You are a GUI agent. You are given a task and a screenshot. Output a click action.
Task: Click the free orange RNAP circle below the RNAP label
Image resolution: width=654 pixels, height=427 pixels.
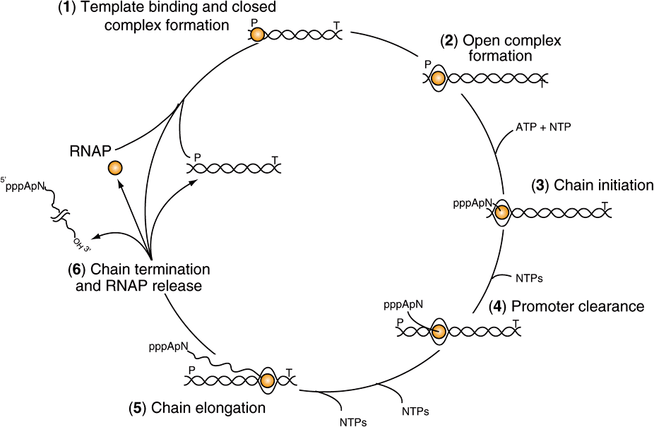[x=115, y=168]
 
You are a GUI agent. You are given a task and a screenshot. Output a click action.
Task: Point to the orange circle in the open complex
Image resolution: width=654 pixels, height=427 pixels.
[x=438, y=79]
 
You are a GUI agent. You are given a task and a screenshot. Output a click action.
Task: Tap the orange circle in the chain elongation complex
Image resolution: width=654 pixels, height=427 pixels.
[x=267, y=382]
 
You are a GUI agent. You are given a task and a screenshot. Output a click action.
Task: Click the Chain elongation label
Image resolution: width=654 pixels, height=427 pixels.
[x=197, y=408]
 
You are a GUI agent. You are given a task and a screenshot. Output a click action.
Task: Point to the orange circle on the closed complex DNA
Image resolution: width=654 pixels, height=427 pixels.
[x=258, y=35]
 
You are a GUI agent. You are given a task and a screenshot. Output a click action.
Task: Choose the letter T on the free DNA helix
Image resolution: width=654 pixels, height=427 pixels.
[x=274, y=160]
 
